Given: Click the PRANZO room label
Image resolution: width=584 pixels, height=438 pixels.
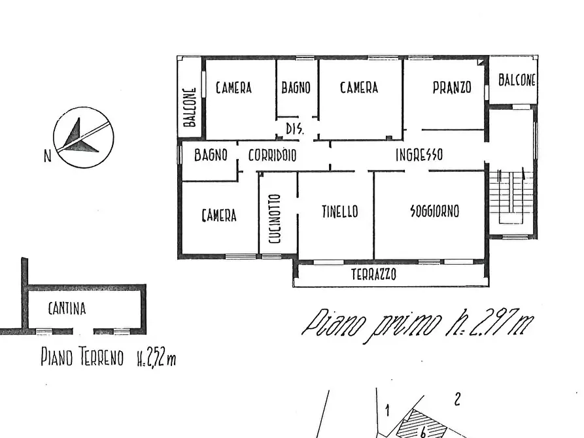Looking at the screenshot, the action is click(452, 88).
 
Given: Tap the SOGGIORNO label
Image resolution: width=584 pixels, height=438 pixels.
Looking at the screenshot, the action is click(434, 211).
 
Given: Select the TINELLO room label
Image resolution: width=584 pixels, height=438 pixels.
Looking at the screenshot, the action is click(339, 212).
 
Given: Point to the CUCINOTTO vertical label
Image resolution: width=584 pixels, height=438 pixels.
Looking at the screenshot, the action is click(275, 219).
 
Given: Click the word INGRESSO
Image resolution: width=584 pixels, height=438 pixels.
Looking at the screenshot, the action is click(419, 154).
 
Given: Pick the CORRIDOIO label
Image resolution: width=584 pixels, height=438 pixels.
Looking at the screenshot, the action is click(272, 156).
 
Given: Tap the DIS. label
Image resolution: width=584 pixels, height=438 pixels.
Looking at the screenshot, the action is click(294, 129).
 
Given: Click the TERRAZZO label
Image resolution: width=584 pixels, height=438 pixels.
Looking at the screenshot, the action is click(373, 275).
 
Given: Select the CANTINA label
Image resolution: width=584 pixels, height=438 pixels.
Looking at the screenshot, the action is click(67, 309).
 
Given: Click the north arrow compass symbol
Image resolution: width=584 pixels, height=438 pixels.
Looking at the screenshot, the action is click(83, 137).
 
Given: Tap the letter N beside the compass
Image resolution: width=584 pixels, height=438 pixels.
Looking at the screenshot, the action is click(47, 156).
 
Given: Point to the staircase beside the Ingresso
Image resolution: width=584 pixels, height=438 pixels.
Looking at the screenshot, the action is click(511, 197).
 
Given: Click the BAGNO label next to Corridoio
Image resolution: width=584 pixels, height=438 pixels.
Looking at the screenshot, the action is click(211, 155).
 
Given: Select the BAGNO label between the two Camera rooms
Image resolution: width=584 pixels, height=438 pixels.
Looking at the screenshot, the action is click(296, 88).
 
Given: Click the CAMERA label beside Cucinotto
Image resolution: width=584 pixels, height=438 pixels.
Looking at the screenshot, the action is click(219, 215).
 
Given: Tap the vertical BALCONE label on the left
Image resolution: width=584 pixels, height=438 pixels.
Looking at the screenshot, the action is click(190, 107).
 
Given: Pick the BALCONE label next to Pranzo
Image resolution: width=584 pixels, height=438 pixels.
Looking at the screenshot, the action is click(517, 80).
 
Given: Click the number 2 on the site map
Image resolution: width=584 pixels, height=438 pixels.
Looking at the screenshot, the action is click(457, 399).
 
